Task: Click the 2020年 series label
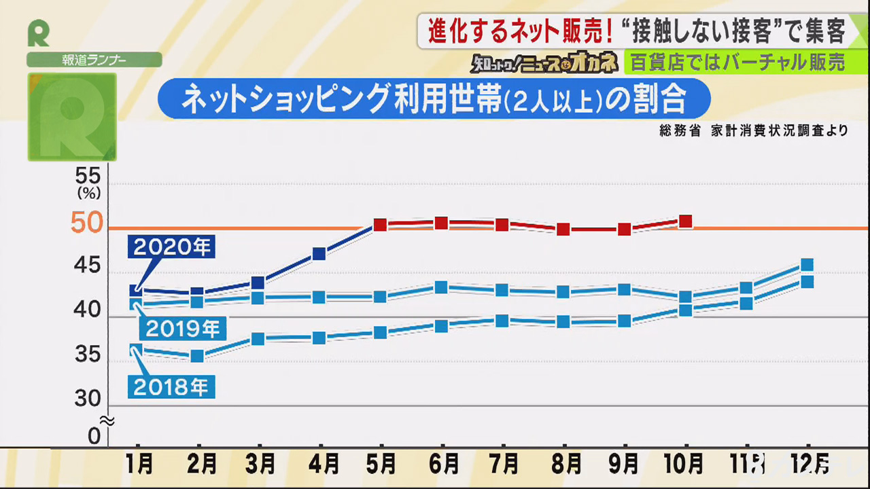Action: (x=171, y=247)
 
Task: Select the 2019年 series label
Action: (x=182, y=329)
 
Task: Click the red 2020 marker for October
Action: (x=685, y=221)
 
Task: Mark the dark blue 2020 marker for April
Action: (x=319, y=254)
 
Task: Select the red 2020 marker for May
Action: (x=381, y=225)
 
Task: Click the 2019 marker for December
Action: (x=807, y=265)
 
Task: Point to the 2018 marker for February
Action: (x=197, y=356)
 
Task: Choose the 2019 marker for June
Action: (x=441, y=287)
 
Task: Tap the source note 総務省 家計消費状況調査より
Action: (x=753, y=131)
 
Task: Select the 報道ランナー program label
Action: (x=94, y=60)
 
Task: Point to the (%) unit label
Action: (x=89, y=193)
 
